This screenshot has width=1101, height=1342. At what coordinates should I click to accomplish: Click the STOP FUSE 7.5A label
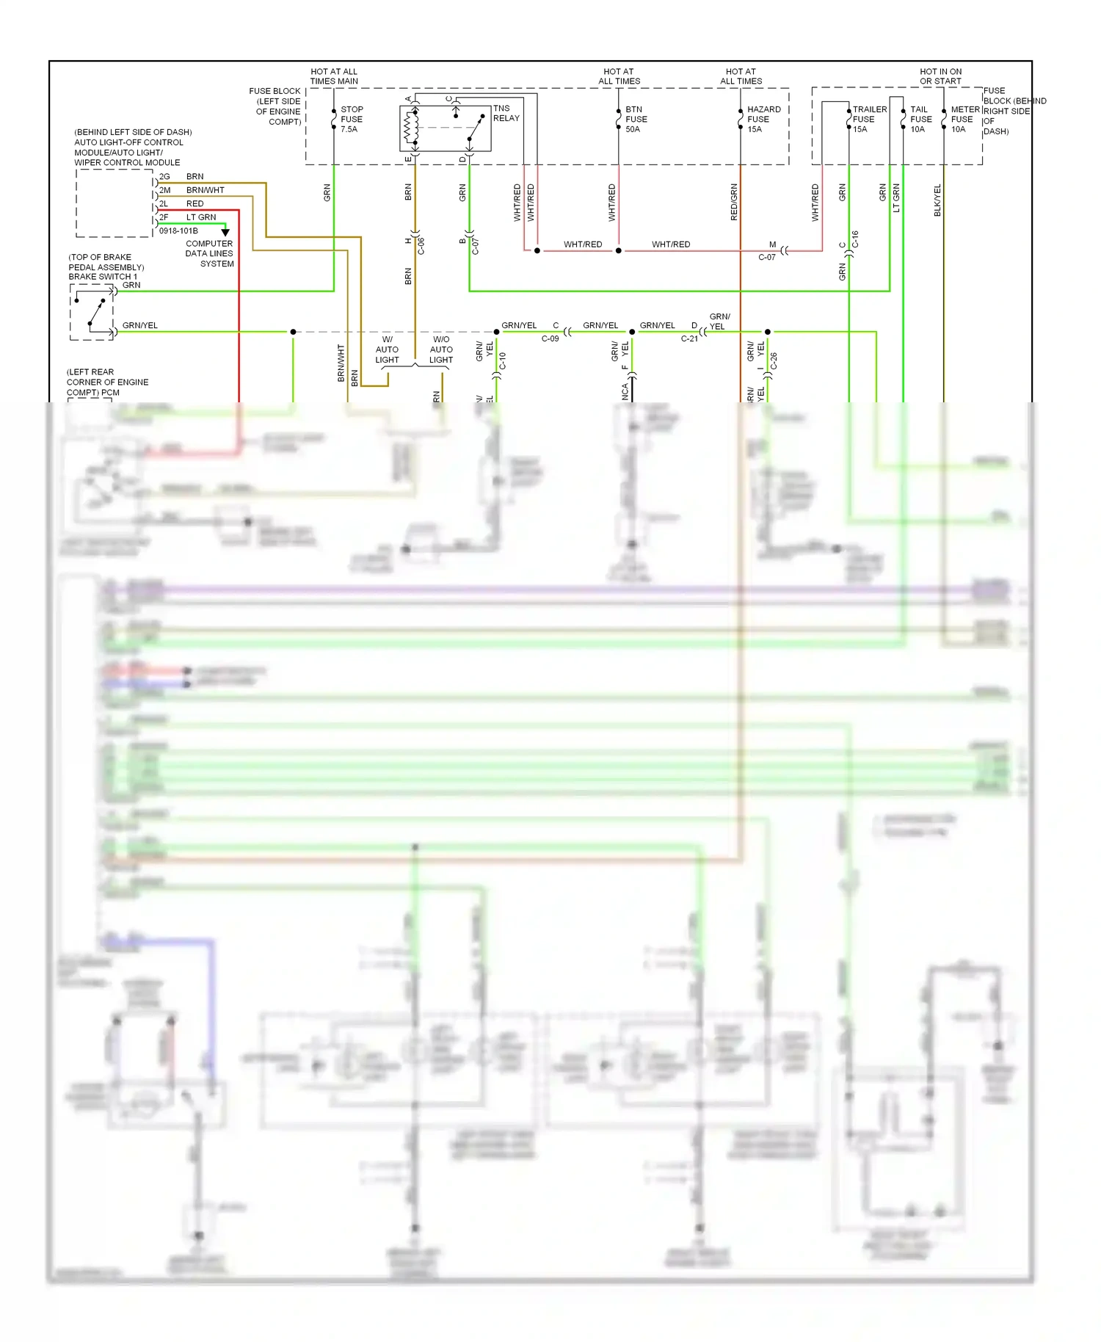pos(351,119)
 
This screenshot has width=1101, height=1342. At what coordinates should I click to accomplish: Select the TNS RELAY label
pos(506,113)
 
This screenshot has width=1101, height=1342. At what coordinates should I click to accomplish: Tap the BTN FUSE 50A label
pos(636,119)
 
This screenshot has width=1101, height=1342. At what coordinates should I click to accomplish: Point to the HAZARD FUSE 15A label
pos(763,119)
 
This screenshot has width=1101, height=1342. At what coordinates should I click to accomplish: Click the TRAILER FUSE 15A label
pos(869,119)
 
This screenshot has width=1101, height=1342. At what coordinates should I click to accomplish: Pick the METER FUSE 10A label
pos(964,119)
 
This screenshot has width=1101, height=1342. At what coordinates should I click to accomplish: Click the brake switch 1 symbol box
pos(92,312)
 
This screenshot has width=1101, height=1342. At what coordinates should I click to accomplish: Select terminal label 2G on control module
pos(164,177)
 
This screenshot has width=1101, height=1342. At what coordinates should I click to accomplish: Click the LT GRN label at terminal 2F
pos(201,217)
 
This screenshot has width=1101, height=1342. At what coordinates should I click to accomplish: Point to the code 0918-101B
pos(178,231)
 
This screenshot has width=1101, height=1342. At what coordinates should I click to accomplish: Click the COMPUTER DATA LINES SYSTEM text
pos(209,253)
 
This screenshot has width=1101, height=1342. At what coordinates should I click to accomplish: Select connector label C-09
pos(550,338)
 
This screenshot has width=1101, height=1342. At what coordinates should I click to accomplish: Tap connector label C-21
pos(689,338)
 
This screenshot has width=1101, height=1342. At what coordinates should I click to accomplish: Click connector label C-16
pos(855,239)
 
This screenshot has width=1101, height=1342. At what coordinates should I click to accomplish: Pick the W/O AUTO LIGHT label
pos(441,349)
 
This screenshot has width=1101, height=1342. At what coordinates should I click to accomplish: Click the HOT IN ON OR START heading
pos(940,76)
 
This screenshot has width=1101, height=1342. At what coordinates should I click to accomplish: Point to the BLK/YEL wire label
pos(937,200)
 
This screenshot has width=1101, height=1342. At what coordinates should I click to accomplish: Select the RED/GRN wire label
pos(734,202)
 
